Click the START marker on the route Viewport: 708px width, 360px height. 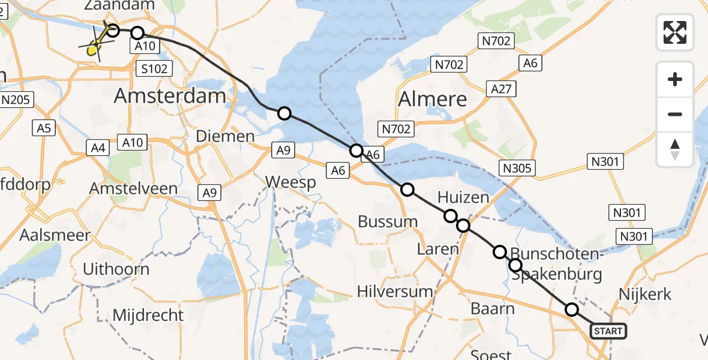coord(608,331)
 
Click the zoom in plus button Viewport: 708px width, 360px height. coord(675,79)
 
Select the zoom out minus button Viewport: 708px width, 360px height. coord(675,114)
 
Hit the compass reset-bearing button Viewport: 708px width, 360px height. coord(675,149)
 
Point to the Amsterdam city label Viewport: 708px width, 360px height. coord(170,96)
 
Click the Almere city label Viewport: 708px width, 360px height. coord(433,99)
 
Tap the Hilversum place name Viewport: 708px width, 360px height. coord(395,292)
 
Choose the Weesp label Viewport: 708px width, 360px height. coord(290,182)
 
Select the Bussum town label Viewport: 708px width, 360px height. coord(388,221)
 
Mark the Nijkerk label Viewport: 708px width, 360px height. coord(644,295)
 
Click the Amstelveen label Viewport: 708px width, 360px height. coord(133,188)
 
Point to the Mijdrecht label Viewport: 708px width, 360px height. coord(148,314)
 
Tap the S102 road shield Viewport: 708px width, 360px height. coord(154,68)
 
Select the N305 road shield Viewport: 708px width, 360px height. coord(517,168)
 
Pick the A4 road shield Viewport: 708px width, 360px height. coord(100,147)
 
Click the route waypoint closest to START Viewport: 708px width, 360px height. coord(572,310)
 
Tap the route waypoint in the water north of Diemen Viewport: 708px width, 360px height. coord(284,113)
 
